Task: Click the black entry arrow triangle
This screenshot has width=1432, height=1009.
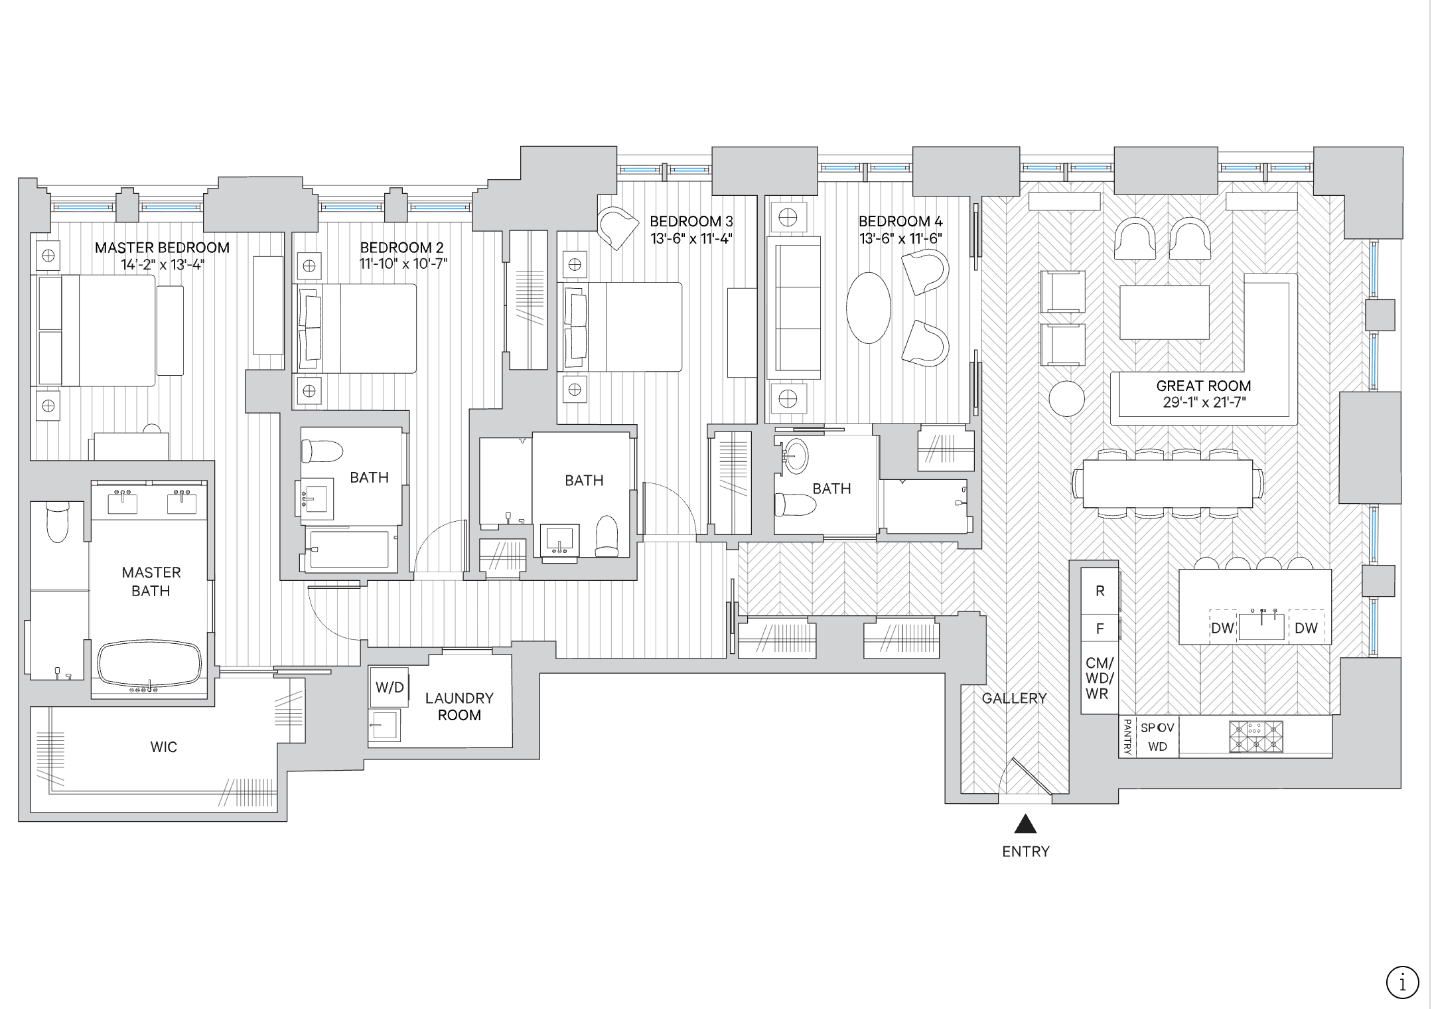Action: tap(1026, 824)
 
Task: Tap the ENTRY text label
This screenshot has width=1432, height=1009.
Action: tap(1026, 852)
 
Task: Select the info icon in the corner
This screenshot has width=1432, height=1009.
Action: tap(1402, 982)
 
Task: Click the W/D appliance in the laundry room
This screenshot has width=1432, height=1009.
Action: tap(390, 687)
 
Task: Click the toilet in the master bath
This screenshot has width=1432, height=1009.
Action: tap(58, 521)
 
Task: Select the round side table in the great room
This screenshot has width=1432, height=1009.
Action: tap(1067, 398)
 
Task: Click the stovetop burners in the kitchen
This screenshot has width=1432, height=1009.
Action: tap(1255, 737)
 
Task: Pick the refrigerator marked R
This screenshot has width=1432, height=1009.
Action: tap(1100, 591)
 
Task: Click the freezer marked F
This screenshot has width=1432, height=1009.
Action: tap(1100, 628)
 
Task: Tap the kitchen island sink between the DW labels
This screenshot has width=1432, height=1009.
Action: tap(1261, 625)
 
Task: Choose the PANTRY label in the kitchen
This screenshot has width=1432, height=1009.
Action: tap(1127, 737)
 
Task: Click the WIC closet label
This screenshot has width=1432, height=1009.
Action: tap(163, 747)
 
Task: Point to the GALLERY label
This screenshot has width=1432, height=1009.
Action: tap(1014, 698)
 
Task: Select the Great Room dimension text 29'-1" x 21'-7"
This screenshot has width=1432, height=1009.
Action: tap(1204, 402)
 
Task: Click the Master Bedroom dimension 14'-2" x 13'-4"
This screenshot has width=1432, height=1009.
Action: tap(162, 264)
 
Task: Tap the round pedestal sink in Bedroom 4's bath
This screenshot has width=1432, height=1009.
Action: tap(795, 457)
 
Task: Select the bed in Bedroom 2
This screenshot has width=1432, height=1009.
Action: tap(355, 329)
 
